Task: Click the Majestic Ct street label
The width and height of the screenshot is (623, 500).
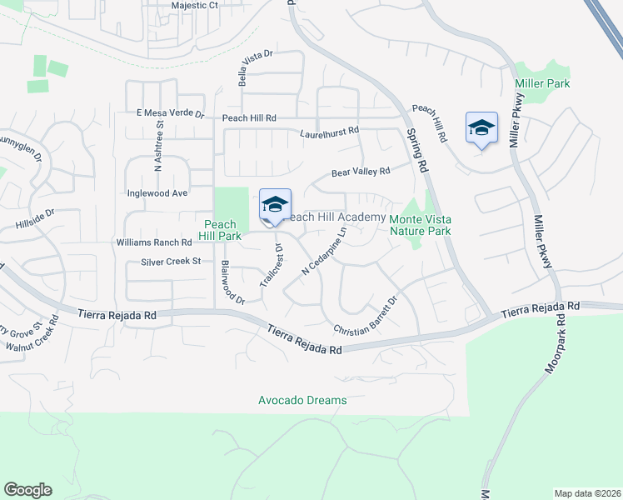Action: (x=194, y=5)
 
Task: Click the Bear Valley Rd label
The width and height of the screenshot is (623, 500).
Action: (x=361, y=172)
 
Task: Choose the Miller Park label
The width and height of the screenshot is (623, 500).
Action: (x=542, y=84)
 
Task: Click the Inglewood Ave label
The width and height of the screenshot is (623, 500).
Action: (x=157, y=192)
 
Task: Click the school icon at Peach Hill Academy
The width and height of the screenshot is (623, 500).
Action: (x=274, y=205)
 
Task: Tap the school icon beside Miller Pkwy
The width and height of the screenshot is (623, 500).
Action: (x=481, y=127)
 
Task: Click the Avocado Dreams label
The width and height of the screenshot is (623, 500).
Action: (x=302, y=401)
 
